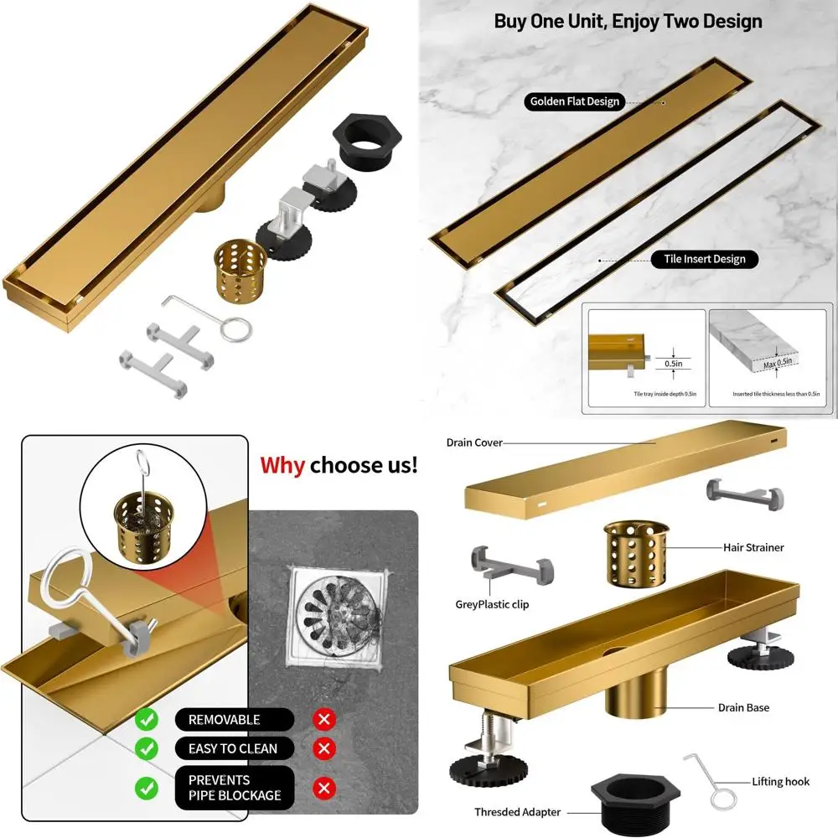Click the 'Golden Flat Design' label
pyautogui.click(x=574, y=101)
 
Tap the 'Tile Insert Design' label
pyautogui.click(x=705, y=259)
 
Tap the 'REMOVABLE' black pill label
pyautogui.click(x=224, y=719)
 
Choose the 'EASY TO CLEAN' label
pyautogui.click(x=232, y=748)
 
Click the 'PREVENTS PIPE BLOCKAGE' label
pyautogui.click(x=234, y=788)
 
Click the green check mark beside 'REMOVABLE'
pyautogui.click(x=147, y=719)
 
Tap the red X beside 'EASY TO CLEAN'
pyautogui.click(x=323, y=748)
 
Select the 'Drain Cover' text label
pyautogui.click(x=473, y=442)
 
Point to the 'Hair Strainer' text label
pyautogui.click(x=753, y=547)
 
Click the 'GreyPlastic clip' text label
pyautogui.click(x=493, y=604)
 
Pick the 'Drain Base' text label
pyautogui.click(x=743, y=707)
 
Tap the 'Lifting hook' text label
pyautogui.click(x=780, y=781)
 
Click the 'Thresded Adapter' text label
pyautogui.click(x=517, y=812)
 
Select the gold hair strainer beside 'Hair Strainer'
pyautogui.click(x=636, y=553)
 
